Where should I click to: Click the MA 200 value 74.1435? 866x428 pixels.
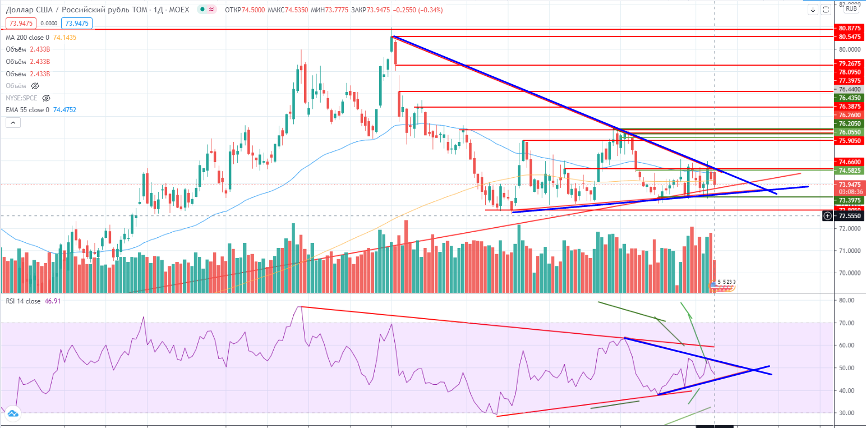tap(65, 38)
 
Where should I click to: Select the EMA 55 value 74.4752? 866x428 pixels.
tap(65, 110)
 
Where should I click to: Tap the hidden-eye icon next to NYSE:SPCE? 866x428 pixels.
tap(46, 98)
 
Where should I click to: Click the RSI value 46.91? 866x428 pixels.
tap(52, 301)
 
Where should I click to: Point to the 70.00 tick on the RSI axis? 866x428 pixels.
tap(847, 323)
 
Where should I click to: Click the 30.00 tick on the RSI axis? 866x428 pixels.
tap(847, 413)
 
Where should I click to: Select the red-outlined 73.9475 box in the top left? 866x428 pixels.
tap(21, 23)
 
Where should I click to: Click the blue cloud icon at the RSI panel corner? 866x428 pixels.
tap(12, 415)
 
